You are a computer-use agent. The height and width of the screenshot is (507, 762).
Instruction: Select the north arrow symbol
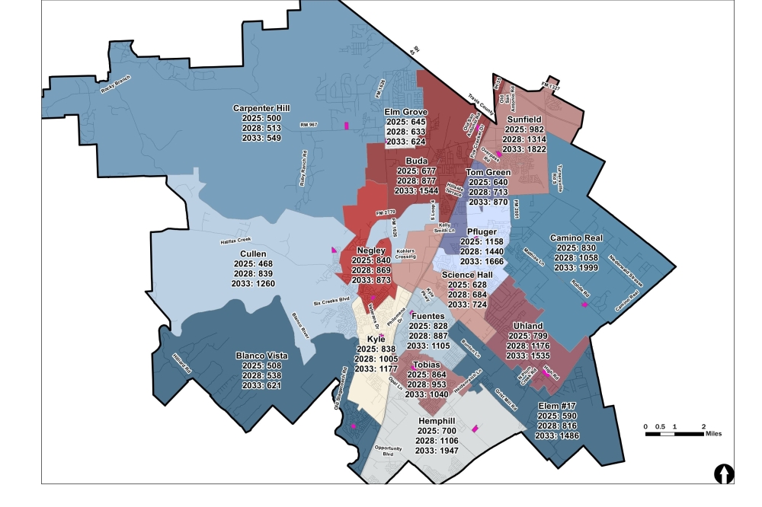[x=724, y=474]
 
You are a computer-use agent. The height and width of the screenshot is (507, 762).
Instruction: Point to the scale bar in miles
[x=674, y=433]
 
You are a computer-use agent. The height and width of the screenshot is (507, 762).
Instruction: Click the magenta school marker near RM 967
[x=347, y=126]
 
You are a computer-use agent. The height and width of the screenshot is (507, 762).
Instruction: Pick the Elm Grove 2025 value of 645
[x=405, y=122]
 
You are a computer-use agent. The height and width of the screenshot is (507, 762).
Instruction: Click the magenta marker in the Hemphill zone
[x=475, y=429]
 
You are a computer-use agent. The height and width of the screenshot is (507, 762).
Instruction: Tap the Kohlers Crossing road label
[x=406, y=254]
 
